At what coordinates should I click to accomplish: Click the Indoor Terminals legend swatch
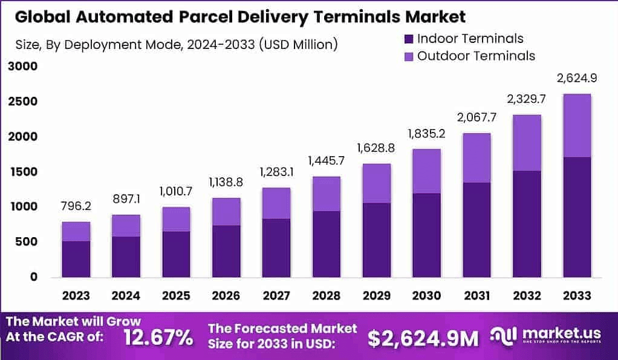click(408, 39)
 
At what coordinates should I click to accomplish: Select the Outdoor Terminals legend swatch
click(408, 56)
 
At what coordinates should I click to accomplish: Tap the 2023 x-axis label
click(76, 295)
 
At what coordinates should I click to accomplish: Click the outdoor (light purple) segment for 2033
click(576, 125)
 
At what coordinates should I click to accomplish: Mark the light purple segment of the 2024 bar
click(125, 225)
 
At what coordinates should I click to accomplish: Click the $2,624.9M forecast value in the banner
click(423, 338)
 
